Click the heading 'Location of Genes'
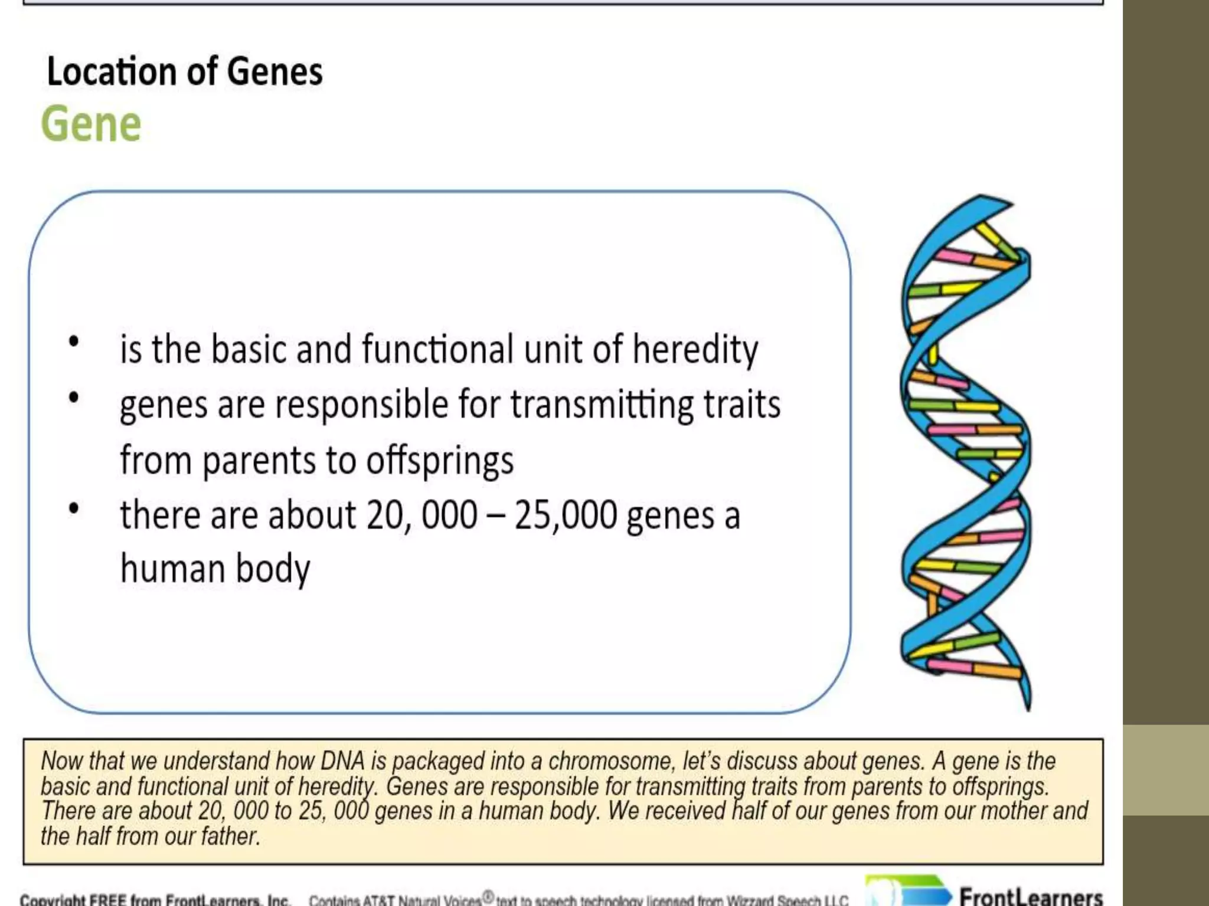click(184, 71)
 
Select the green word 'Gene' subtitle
click(91, 124)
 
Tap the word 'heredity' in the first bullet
click(695, 349)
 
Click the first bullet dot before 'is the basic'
click(74, 342)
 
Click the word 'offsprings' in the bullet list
click(440, 461)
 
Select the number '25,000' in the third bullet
click(566, 515)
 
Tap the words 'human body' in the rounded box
click(215, 569)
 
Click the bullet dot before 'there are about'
click(74, 508)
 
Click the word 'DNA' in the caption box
click(342, 761)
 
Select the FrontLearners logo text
click(1030, 897)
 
